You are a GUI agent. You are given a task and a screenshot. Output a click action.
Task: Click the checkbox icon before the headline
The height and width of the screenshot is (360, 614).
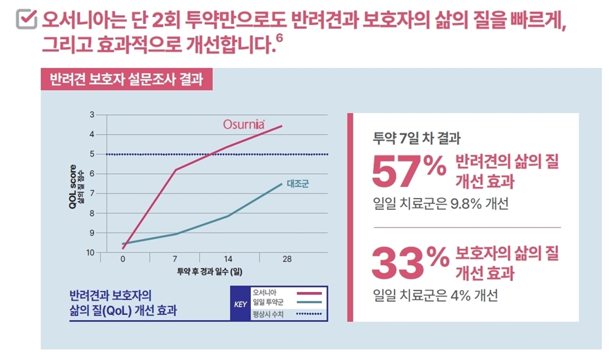[24, 22]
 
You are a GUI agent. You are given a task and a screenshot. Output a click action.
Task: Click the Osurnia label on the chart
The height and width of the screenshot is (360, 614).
[242, 123]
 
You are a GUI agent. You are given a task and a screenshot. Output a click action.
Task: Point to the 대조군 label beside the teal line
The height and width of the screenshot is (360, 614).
[297, 183]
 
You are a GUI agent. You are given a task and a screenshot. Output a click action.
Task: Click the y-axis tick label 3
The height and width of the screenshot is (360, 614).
[91, 115]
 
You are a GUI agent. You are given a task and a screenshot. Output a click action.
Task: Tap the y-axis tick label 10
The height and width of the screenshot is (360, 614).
[90, 252]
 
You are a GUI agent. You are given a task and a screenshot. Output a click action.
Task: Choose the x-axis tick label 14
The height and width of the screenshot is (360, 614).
[228, 259]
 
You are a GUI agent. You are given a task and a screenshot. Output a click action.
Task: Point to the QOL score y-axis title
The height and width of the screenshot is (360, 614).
[74, 186]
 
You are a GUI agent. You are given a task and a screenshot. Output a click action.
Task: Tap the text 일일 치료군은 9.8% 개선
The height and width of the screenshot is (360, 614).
[440, 203]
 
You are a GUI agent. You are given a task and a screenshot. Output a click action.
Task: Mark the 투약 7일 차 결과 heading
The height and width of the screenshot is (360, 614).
[417, 139]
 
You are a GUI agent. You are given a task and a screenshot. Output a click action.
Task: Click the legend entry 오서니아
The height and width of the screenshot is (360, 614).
[265, 292]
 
